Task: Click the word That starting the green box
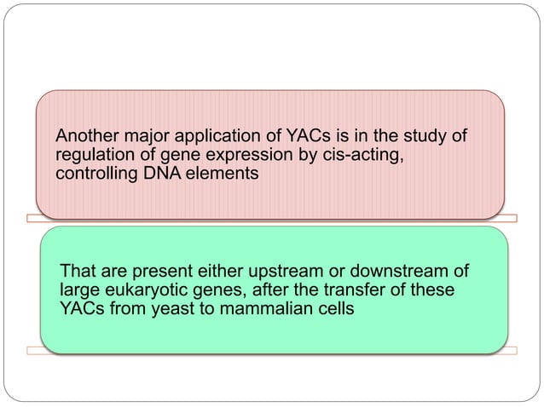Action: pos(78,272)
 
